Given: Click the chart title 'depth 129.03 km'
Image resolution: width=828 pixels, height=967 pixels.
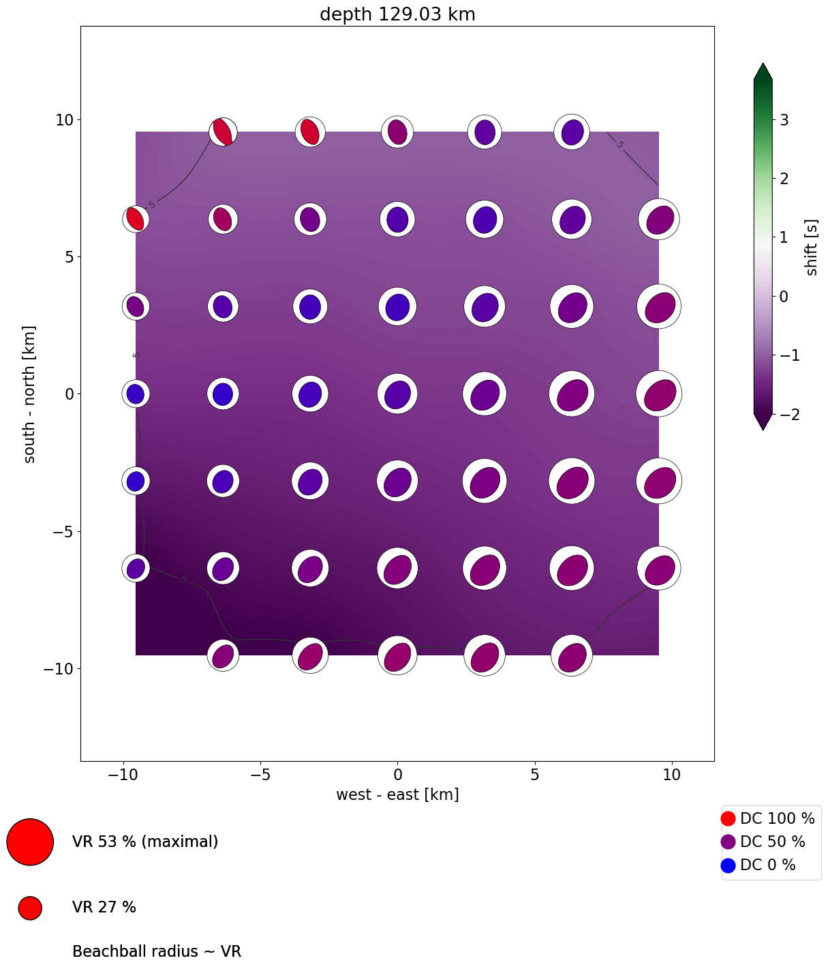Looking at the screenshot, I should pyautogui.click(x=397, y=14).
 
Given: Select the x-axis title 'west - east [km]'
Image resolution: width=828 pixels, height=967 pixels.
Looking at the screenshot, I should pyautogui.click(x=397, y=794).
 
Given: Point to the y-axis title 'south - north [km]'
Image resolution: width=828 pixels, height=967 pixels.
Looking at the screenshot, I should pyautogui.click(x=30, y=394).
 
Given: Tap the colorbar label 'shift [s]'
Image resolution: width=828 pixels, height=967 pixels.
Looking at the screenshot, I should pyautogui.click(x=812, y=248).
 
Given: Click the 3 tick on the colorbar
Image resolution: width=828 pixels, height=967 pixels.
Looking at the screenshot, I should pyautogui.click(x=784, y=120).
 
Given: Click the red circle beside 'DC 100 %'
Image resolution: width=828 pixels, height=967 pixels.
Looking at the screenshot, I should pyautogui.click(x=728, y=818).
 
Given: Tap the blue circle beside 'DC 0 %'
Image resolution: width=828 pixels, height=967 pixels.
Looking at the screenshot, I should pyautogui.click(x=728, y=865).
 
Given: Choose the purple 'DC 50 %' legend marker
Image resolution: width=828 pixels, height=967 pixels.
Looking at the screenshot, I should pyautogui.click(x=728, y=842).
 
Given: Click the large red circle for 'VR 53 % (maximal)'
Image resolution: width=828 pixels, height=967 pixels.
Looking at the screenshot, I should pyautogui.click(x=30, y=842).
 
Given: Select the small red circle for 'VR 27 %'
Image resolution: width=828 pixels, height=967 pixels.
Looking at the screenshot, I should pyautogui.click(x=30, y=908).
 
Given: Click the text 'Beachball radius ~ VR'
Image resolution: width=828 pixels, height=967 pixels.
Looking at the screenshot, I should pyautogui.click(x=157, y=951).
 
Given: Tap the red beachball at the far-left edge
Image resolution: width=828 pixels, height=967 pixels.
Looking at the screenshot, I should pyautogui.click(x=136, y=219).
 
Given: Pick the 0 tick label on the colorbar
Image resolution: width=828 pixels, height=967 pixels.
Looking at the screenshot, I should pyautogui.click(x=784, y=296).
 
